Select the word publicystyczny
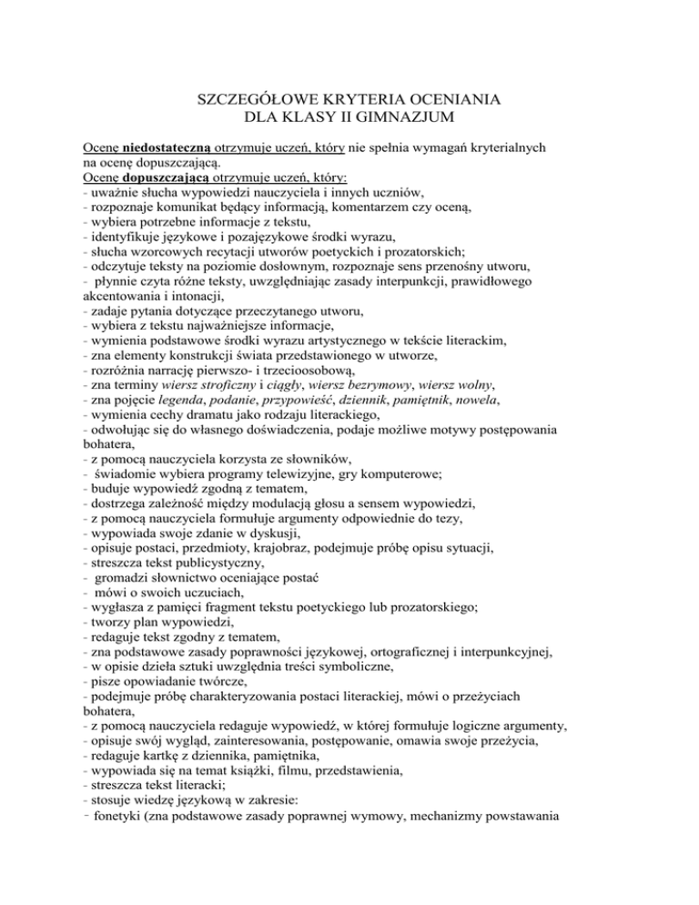click(x=219, y=597)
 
